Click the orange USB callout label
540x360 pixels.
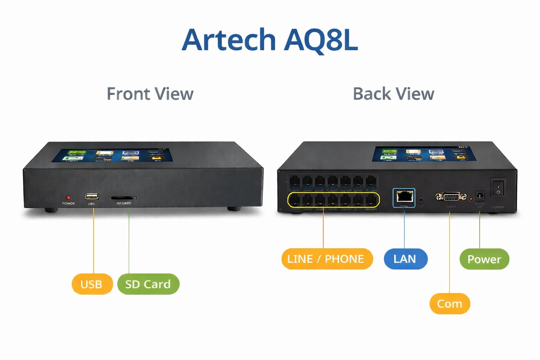[92, 284]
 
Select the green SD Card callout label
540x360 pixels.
[148, 284]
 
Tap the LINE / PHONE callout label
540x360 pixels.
[327, 259]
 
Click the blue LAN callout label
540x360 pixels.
[405, 259]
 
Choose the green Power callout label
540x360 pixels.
[484, 259]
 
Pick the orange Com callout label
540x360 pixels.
[450, 304]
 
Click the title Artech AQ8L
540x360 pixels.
[270, 40]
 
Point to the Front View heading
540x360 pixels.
[150, 94]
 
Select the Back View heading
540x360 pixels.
[393, 94]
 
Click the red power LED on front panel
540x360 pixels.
[68, 198]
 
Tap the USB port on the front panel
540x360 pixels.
[92, 197]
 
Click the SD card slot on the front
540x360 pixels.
[122, 198]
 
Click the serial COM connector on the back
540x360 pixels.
[451, 197]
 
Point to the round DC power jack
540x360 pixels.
[480, 195]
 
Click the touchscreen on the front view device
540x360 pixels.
[112, 155]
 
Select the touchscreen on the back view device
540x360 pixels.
[424, 154]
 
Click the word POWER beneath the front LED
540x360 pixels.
[68, 204]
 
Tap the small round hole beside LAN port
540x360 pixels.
[421, 200]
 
